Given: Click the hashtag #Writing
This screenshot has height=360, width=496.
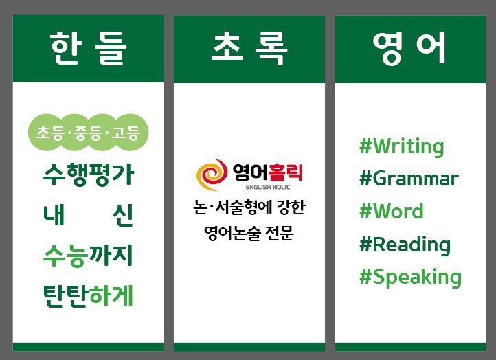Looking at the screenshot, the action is tap(402, 147).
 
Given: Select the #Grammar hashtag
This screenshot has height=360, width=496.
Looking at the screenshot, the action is tap(409, 179).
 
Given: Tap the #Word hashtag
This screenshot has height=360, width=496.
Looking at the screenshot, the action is tap(392, 211).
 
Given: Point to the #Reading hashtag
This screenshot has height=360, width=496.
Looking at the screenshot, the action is tap(405, 245).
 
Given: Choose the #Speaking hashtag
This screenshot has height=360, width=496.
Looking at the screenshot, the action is tap(411, 278).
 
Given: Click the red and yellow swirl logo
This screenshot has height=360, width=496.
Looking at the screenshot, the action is tap(212, 175).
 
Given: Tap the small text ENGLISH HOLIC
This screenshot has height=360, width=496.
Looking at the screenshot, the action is tap(268, 187).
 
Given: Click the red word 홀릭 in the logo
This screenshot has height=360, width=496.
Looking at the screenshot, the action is tap(285, 172).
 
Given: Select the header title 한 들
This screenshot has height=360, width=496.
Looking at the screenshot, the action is tap(88, 48).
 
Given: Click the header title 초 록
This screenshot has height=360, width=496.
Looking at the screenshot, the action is tap(249, 48).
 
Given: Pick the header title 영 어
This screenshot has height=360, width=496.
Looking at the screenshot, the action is tap(409, 48).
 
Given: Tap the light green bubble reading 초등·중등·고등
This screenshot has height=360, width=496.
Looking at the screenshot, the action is tap(88, 132).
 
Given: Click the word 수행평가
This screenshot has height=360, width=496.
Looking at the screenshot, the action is tap(89, 174).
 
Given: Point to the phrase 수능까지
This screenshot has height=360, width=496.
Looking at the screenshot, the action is tap(88, 256).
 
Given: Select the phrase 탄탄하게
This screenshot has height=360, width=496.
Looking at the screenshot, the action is tap(88, 296).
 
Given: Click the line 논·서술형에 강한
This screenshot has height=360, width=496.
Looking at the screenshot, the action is tap(249, 207).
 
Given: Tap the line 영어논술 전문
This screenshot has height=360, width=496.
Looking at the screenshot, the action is tap(249, 234).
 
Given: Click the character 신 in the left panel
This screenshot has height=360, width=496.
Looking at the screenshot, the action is tap(123, 216).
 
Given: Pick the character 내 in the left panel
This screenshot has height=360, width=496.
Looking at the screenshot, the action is tap(54, 215).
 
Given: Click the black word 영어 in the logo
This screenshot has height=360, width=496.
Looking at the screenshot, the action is tap(250, 172).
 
